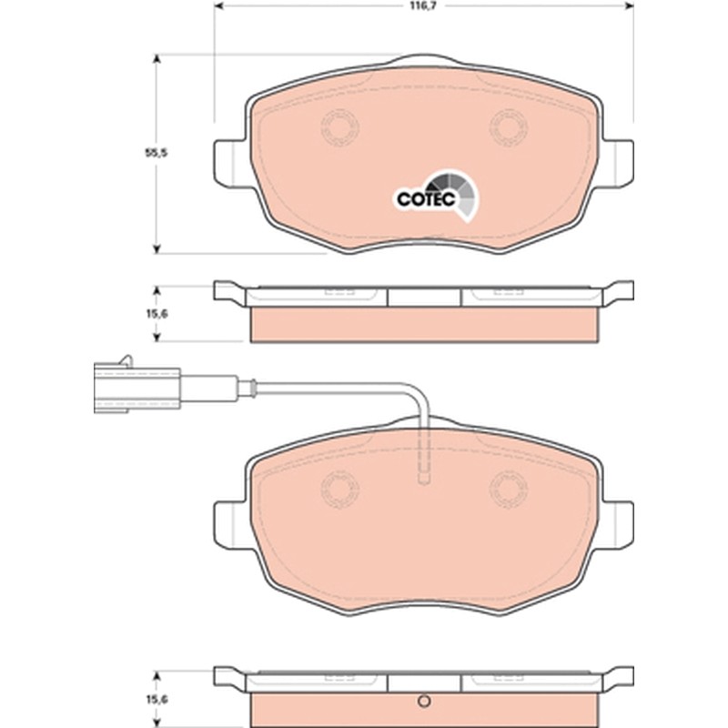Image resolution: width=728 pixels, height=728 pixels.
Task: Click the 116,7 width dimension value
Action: (422, 5)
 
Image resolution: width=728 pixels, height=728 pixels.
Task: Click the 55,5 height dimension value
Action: (156, 153)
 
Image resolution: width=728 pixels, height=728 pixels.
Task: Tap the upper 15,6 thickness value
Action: (157, 314)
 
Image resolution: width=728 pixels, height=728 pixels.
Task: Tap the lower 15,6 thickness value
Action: (157, 699)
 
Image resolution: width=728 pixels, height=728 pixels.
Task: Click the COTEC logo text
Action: (426, 199)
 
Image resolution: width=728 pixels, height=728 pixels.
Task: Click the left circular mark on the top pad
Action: (340, 126)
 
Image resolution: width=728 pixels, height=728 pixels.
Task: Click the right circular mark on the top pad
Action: (509, 126)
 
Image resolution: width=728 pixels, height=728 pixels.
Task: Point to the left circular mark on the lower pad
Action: (340, 489)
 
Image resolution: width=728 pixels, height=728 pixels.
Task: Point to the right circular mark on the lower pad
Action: (509, 489)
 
